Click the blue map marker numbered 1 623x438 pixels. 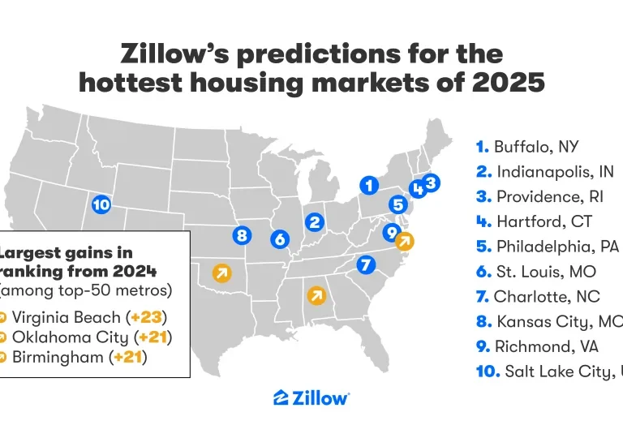click(x=370, y=185)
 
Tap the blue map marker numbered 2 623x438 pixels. click(x=316, y=221)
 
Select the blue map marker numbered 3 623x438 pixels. click(x=431, y=182)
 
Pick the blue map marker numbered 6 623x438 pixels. click(x=280, y=238)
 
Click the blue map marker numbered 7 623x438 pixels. click(x=365, y=264)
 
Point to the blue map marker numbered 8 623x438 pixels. click(x=241, y=236)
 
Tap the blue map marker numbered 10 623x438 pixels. click(x=101, y=204)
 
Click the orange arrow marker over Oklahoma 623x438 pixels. click(x=220, y=273)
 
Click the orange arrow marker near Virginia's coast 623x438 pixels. click(x=403, y=240)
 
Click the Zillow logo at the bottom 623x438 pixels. click(x=311, y=397)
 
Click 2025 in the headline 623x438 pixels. click(x=494, y=83)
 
